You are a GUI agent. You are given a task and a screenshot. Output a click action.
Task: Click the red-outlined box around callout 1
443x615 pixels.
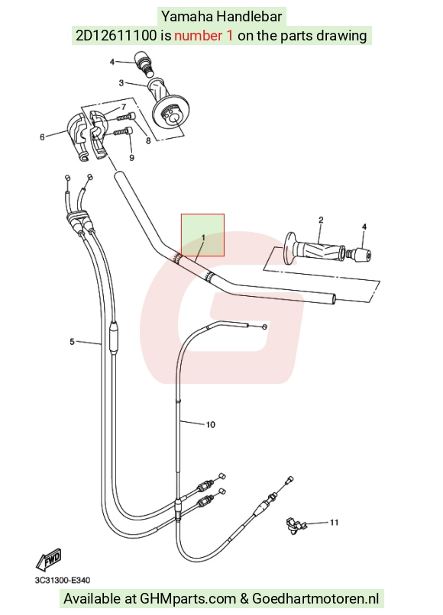pos(202,214)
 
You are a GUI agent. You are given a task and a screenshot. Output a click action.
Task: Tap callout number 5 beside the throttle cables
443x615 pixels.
pos(72,342)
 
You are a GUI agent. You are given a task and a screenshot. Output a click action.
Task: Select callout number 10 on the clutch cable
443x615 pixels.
pos(211,424)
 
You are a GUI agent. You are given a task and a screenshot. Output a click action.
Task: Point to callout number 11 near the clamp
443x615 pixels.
pos(334,523)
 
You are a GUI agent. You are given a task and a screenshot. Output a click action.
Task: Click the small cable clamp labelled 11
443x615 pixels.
pos(294,526)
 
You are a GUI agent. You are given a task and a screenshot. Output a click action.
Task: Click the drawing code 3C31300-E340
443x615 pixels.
pos(62,580)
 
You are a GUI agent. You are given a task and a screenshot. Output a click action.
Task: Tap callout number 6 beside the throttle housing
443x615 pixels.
pos(43,137)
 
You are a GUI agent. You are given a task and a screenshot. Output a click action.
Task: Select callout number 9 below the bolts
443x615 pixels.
pos(131,158)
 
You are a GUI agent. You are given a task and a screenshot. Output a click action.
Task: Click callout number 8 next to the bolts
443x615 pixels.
pos(148,140)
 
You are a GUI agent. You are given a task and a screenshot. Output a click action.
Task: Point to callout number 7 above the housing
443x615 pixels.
pos(124,107)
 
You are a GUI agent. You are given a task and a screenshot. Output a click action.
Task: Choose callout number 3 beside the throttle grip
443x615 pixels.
pos(121,82)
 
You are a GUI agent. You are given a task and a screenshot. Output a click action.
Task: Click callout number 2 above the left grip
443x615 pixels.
pos(321,220)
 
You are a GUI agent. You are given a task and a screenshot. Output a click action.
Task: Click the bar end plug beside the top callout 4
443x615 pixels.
pos(144,63)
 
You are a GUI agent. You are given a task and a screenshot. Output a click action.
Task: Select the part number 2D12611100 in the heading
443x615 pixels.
pos(116,36)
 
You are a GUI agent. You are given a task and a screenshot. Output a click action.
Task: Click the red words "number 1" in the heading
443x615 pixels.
pos(203,36)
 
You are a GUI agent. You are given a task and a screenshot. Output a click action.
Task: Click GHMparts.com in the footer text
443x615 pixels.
pos(188,598)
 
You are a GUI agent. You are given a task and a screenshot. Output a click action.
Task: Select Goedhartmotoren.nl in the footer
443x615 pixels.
pos(315,598)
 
